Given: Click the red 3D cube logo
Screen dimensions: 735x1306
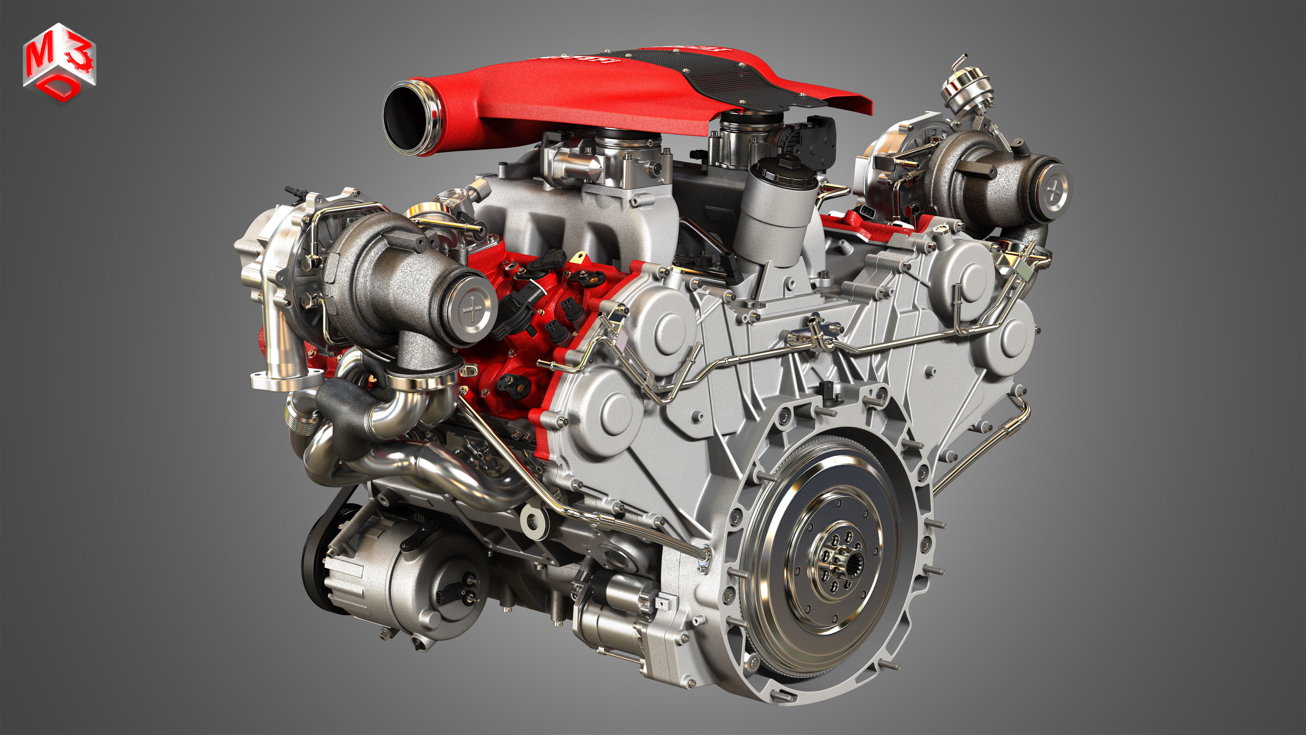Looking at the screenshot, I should click(x=59, y=63).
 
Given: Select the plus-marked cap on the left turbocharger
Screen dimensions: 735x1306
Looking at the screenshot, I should click(x=471, y=309).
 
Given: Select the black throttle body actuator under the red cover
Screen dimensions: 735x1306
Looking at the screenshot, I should click(x=816, y=142).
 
